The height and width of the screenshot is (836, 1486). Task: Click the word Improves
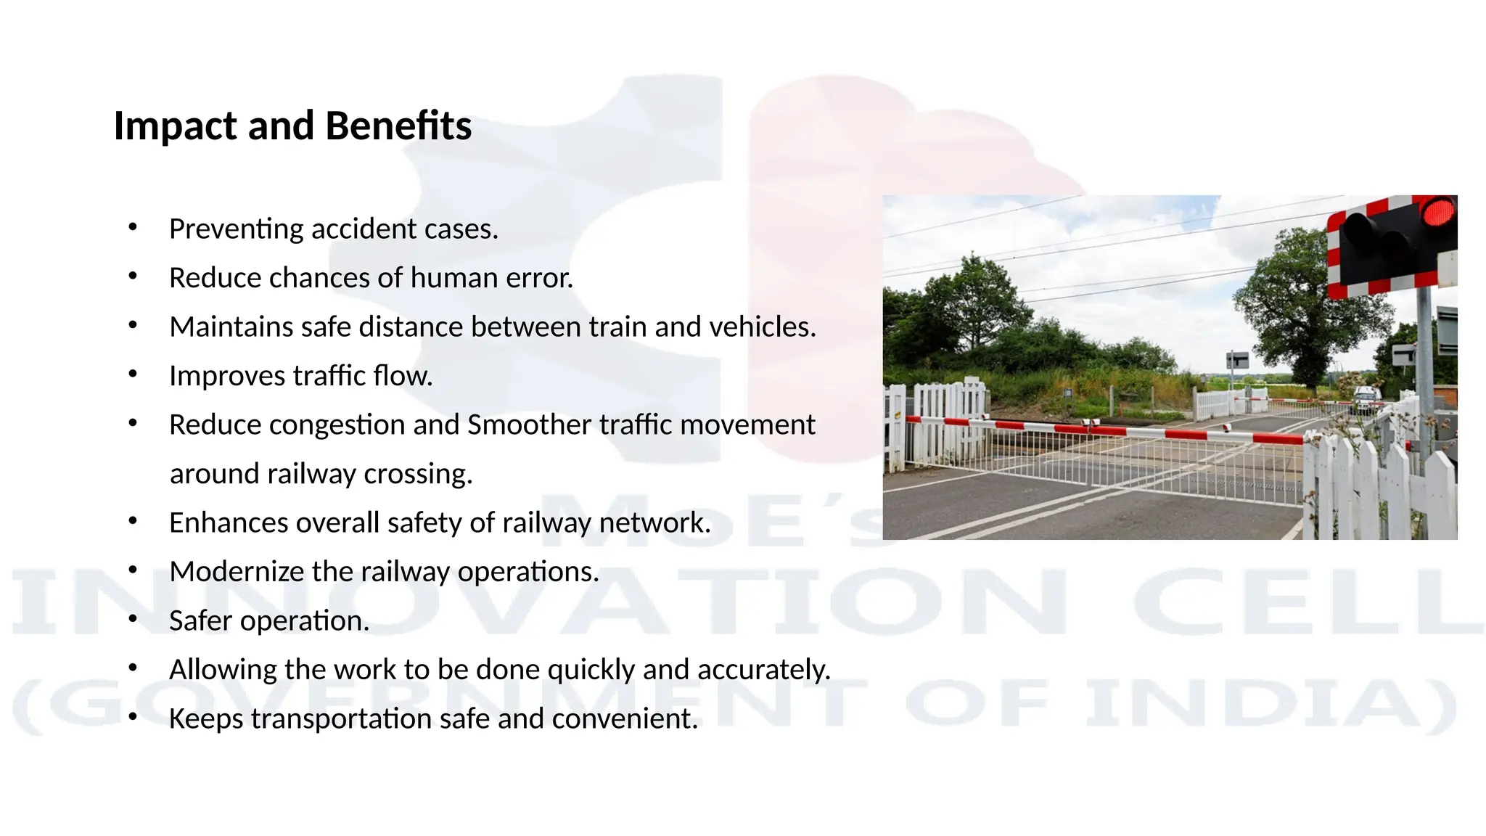227,376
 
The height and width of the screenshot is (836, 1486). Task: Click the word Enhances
228,523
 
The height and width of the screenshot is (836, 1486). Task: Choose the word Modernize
237,572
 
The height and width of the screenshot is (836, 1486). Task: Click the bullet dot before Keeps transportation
132,717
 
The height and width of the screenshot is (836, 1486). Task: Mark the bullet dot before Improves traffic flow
132,374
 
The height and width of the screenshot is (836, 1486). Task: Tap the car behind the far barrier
1367,398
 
